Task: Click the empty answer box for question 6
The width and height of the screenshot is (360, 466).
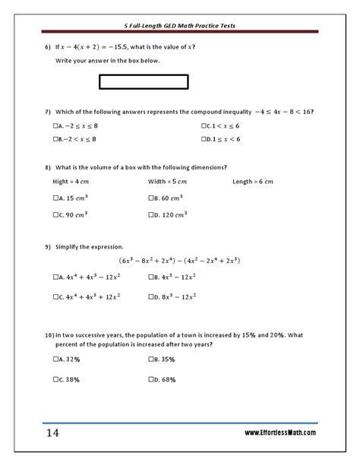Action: (143, 81)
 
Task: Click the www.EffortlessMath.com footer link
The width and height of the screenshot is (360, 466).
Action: (280, 433)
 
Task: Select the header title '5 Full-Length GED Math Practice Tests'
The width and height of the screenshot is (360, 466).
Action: (180, 25)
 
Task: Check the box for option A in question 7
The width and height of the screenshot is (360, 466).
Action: (56, 126)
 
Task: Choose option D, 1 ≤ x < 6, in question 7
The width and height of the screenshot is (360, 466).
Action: (204, 139)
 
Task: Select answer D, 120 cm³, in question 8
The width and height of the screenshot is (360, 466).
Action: (152, 215)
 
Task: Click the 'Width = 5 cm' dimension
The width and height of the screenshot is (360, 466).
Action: (167, 182)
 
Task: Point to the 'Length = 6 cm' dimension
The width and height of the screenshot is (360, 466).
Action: (253, 182)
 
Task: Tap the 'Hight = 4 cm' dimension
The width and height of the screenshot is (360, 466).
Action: (72, 182)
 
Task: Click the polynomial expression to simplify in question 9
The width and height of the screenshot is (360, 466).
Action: (179, 261)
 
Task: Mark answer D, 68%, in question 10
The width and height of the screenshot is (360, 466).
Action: (152, 379)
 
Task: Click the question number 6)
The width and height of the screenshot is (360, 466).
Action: (47, 47)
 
